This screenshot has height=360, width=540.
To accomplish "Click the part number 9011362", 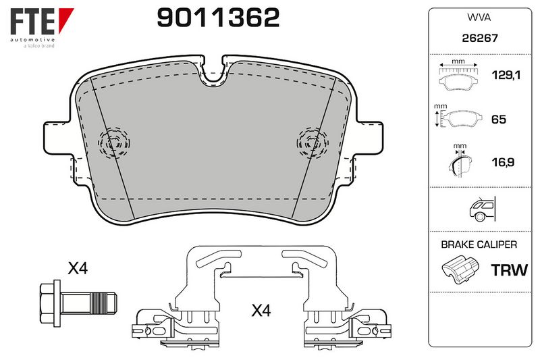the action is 218,18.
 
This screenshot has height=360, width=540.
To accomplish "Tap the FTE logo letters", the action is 32,22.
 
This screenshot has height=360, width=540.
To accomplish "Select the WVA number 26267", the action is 480,38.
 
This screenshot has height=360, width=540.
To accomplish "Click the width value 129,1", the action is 506,75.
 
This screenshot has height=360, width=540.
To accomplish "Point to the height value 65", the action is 498,119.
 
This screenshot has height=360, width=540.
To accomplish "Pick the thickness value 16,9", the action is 503,162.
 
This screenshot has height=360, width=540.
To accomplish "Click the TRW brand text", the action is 509,270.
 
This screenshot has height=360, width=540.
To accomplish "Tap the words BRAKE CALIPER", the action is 479,245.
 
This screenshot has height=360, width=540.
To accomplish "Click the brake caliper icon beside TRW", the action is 460,269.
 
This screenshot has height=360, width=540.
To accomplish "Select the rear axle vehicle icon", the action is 482,209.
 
